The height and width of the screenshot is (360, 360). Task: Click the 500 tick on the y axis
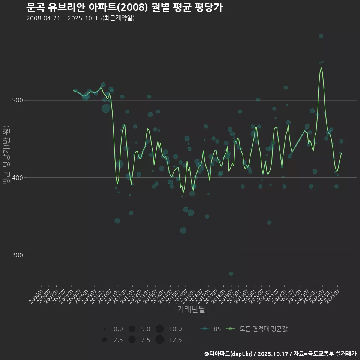click(x=17, y=100)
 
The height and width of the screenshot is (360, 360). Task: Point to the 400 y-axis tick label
click(x=17, y=178)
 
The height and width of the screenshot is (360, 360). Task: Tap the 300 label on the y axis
click(x=17, y=255)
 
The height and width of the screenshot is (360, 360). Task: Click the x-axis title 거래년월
click(x=191, y=310)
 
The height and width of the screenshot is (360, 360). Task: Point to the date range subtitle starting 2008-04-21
click(x=80, y=18)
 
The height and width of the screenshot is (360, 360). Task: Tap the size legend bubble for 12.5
click(x=159, y=340)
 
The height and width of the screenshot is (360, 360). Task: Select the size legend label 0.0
click(x=118, y=329)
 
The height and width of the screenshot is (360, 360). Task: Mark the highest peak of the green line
click(x=321, y=67)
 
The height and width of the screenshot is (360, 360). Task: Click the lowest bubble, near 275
click(x=231, y=274)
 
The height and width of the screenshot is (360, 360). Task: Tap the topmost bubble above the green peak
click(x=321, y=36)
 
